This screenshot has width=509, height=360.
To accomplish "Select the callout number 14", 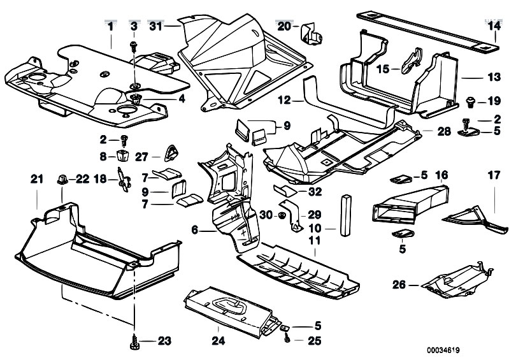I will click(495, 26).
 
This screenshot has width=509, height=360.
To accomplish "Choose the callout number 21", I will click(36, 180).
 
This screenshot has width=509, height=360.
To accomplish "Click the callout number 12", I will click(284, 100).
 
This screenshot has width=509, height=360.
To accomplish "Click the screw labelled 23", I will click(135, 340).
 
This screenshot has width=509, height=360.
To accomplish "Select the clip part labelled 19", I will click(471, 101).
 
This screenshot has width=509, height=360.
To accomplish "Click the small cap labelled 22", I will click(64, 179).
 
